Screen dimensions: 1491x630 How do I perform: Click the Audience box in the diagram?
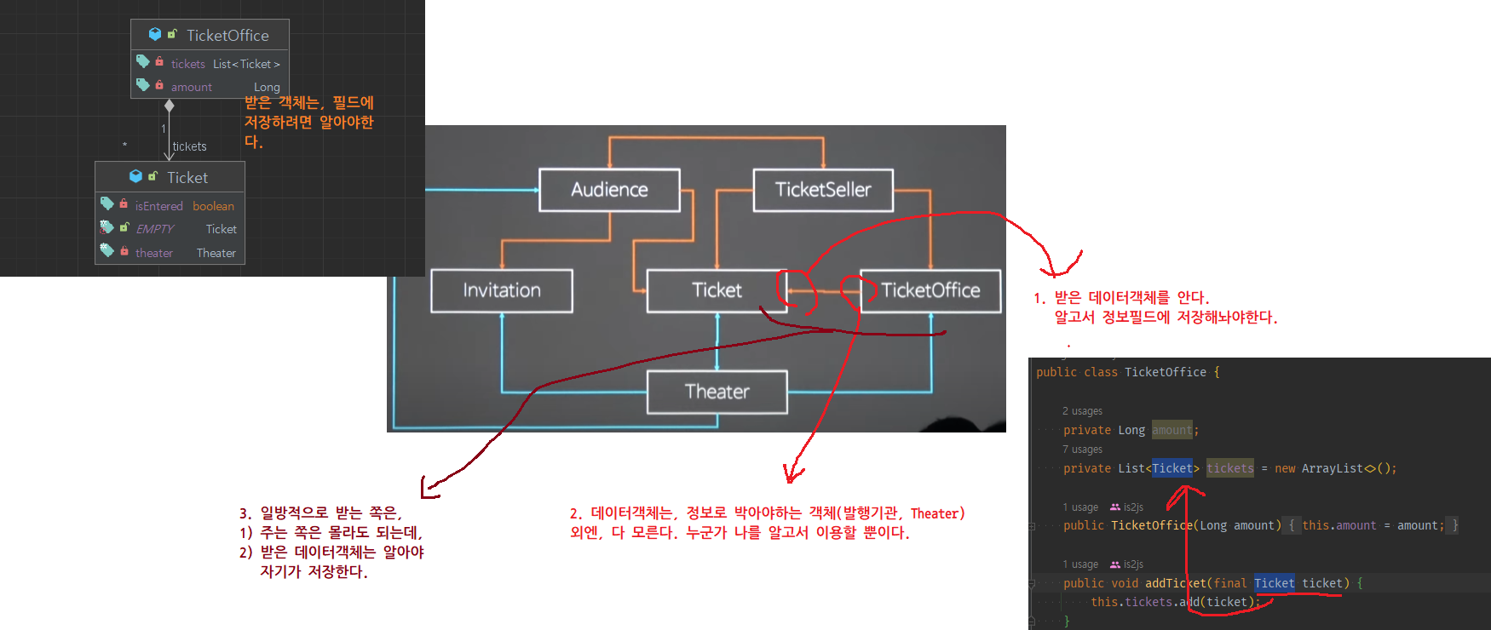tap(609, 190)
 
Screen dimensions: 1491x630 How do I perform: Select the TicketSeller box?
tap(823, 190)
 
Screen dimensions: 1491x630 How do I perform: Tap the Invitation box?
tap(502, 290)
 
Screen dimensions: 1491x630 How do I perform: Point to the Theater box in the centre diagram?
tap(717, 392)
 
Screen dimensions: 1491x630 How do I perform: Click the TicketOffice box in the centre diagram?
tap(930, 290)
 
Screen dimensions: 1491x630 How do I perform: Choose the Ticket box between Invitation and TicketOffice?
tap(717, 290)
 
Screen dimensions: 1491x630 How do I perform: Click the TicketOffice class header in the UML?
tap(210, 35)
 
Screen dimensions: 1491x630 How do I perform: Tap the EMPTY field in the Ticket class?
tap(155, 229)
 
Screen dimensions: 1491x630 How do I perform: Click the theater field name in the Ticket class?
tap(154, 253)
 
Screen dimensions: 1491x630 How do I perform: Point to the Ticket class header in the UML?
tap(170, 177)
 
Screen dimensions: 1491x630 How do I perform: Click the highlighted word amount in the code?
tap(1172, 430)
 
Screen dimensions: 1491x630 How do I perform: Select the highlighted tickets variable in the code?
tap(1229, 468)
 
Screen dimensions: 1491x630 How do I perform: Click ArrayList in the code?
tap(1332, 468)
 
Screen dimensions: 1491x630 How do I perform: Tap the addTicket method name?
tap(1176, 583)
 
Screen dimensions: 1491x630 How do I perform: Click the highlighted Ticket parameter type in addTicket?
tap(1274, 583)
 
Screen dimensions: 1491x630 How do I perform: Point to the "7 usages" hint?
tap(1082, 450)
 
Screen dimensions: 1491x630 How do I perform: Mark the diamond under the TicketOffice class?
tap(169, 106)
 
